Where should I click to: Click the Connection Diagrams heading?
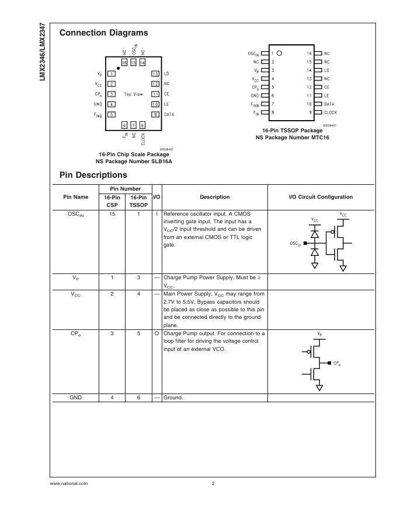pos(103,33)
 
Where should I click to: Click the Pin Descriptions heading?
pos(93,175)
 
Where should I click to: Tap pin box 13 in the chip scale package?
pos(155,74)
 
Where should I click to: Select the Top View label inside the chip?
pos(133,94)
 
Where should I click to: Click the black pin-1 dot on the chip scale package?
pos(118,68)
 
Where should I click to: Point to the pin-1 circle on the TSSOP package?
pos(280,52)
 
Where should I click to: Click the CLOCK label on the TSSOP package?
pos(330,112)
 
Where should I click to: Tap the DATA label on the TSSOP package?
pos(329,103)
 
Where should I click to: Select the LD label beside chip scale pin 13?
pos(166,74)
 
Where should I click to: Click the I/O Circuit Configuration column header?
pos(321,197)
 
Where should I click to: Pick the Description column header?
pos(214,197)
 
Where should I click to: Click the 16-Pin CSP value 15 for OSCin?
pos(112,214)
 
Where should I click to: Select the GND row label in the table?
pos(76,398)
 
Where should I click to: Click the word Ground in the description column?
pos(173,398)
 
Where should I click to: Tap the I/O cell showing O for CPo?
pos(156,333)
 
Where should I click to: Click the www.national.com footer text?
pos(69,484)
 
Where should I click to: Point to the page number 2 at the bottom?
pos(213,484)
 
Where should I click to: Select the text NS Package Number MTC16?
pos(292,138)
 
